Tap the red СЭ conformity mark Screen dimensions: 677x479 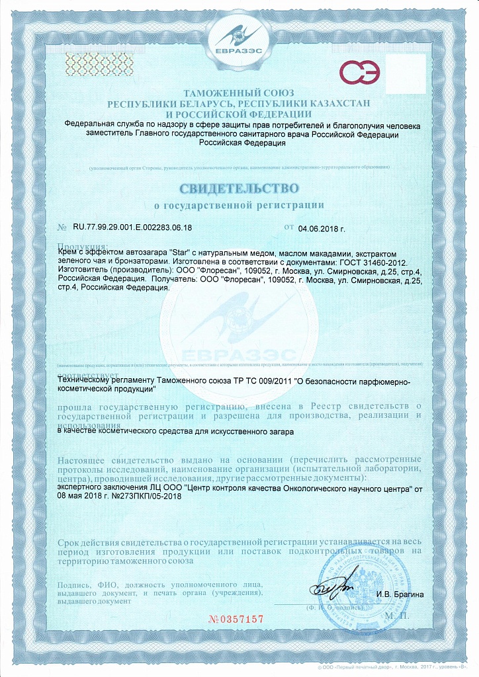click(x=359, y=71)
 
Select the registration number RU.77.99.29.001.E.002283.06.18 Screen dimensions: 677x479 click(x=132, y=228)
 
